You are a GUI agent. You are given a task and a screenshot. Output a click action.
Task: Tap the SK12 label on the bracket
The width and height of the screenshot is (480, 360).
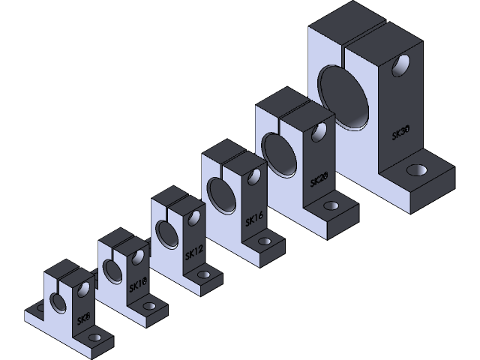[193, 254]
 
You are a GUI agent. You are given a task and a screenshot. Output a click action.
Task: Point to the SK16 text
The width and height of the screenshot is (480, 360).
[253, 220]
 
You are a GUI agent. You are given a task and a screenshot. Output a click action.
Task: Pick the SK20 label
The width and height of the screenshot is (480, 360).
[319, 181]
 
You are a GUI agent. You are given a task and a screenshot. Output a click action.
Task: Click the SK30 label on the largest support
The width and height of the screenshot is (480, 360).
[401, 133]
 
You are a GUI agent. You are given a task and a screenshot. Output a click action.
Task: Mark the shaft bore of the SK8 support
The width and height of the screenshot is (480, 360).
[58, 302]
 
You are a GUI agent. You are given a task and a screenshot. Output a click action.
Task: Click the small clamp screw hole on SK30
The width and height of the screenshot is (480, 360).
[402, 65]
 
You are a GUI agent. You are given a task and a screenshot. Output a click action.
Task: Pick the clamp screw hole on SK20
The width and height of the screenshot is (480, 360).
[320, 132]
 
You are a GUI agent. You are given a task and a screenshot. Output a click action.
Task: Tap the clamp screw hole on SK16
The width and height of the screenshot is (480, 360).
[254, 176]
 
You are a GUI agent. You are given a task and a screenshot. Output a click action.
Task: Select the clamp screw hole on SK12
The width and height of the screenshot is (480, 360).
[195, 218]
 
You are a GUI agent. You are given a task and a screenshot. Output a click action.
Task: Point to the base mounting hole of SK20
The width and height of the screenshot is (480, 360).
[329, 205]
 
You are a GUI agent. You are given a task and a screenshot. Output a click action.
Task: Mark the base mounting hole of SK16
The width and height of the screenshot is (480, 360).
[264, 241]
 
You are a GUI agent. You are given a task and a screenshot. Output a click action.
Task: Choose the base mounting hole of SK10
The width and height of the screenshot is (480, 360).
[149, 307]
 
